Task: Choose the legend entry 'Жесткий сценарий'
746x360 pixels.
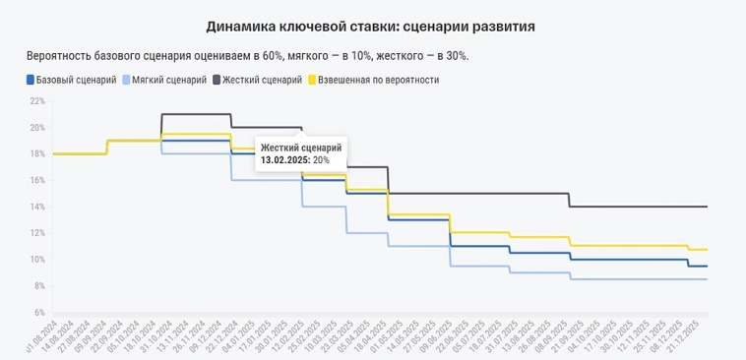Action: click(x=262, y=79)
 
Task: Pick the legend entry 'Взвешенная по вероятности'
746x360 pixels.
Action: click(x=380, y=79)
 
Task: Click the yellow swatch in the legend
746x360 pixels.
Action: click(x=314, y=79)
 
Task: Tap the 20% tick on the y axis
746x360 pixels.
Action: click(x=36, y=128)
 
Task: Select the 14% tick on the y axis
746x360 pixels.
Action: click(x=36, y=207)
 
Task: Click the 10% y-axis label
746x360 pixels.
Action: click(x=36, y=260)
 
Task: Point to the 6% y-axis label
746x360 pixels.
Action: click(x=38, y=312)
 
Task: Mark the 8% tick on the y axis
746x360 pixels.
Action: click(x=38, y=286)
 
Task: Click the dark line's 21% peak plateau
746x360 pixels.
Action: click(x=196, y=114)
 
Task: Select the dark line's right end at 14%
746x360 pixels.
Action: click(x=706, y=207)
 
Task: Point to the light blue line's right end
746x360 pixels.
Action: click(x=706, y=279)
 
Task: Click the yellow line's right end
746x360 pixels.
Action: click(x=706, y=249)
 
